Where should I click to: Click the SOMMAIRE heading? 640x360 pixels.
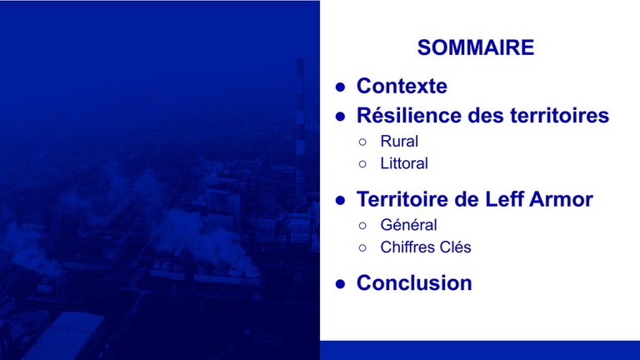pos(476,47)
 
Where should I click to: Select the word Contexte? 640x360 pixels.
pos(402,86)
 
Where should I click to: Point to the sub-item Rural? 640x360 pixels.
pos(399,141)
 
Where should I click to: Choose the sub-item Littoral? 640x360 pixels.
pos(404,163)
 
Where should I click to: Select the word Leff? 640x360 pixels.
pos(504,199)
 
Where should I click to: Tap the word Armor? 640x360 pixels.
pos(561,199)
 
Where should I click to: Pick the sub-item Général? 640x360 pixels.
pos(408,225)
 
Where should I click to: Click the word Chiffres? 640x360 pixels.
pos(407,247)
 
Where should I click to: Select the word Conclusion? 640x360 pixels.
pos(414,282)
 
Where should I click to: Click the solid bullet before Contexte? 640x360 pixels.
pos(340,87)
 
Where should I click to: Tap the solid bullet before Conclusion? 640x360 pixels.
pos(340,283)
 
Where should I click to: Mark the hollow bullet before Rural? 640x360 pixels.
pos(362,142)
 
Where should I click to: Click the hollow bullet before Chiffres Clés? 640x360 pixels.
pos(362,247)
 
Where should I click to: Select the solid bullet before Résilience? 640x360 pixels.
pos(340,117)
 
